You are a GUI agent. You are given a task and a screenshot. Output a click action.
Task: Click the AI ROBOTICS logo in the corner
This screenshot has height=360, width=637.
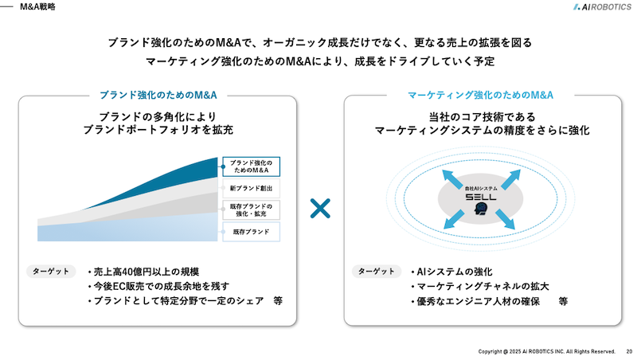point(602,7)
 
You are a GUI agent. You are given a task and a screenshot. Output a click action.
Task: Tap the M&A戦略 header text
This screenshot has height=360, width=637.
point(37,7)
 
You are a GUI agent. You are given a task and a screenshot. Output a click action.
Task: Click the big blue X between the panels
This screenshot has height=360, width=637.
point(320,209)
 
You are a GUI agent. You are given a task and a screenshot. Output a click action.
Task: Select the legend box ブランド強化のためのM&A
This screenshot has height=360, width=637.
point(251,166)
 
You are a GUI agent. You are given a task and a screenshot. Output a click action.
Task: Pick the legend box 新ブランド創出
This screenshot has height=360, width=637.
point(251,188)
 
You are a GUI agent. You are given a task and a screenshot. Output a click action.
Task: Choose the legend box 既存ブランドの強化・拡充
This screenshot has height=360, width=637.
point(251,209)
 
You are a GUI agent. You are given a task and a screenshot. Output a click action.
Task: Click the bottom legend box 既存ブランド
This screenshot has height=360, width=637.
point(251,232)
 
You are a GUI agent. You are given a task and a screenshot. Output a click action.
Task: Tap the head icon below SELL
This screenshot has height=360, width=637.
point(481,209)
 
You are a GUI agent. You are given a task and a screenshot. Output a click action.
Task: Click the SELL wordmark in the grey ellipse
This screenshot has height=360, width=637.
point(481,198)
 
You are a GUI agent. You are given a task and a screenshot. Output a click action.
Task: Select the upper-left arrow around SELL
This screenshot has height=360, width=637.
point(452,179)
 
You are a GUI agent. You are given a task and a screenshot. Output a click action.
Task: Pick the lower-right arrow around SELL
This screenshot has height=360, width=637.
point(505,219)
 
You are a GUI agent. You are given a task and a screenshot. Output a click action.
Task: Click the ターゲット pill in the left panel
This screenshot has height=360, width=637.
point(51,272)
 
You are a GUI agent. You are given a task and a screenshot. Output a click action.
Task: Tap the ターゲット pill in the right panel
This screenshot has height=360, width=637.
point(376,272)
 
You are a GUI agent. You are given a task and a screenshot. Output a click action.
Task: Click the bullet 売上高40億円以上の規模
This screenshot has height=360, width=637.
point(143,272)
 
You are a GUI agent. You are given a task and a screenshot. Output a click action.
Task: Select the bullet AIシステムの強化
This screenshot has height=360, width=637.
point(451,272)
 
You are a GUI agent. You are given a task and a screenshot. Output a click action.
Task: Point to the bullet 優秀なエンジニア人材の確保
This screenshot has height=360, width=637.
point(475,302)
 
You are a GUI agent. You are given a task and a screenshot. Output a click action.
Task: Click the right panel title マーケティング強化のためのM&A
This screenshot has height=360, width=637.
point(480,95)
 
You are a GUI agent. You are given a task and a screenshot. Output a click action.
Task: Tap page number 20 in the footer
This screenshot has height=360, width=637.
point(629,351)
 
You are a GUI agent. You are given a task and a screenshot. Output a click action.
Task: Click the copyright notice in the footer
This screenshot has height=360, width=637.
point(546,351)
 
